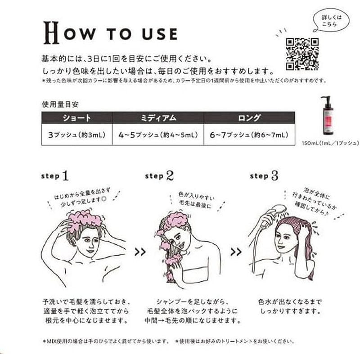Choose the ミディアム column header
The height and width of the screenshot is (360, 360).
[157, 118]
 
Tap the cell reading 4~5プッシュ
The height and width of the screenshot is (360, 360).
[157, 135]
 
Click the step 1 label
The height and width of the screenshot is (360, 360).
[57, 175]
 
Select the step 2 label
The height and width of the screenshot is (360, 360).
[160, 176]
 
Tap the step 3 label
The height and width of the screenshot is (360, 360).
[265, 175]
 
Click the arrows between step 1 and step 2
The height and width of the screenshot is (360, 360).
[140, 252]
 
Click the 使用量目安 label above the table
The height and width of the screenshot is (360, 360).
[59, 103]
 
